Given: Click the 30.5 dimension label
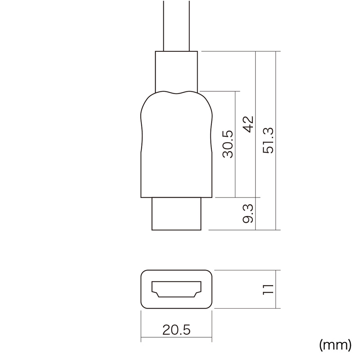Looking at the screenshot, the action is click(228, 144).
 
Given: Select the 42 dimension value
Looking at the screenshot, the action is click(248, 125).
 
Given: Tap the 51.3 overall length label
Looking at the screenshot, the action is click(268, 140).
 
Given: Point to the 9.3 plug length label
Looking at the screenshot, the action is click(248, 213).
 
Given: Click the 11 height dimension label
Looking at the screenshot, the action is click(268, 289).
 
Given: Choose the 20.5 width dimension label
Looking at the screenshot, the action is click(176, 330).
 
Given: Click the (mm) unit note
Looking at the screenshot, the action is click(335, 345).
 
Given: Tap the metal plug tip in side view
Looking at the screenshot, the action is click(176, 214).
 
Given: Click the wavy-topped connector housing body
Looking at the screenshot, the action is click(176, 144).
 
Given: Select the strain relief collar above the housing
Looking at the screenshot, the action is click(176, 72).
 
